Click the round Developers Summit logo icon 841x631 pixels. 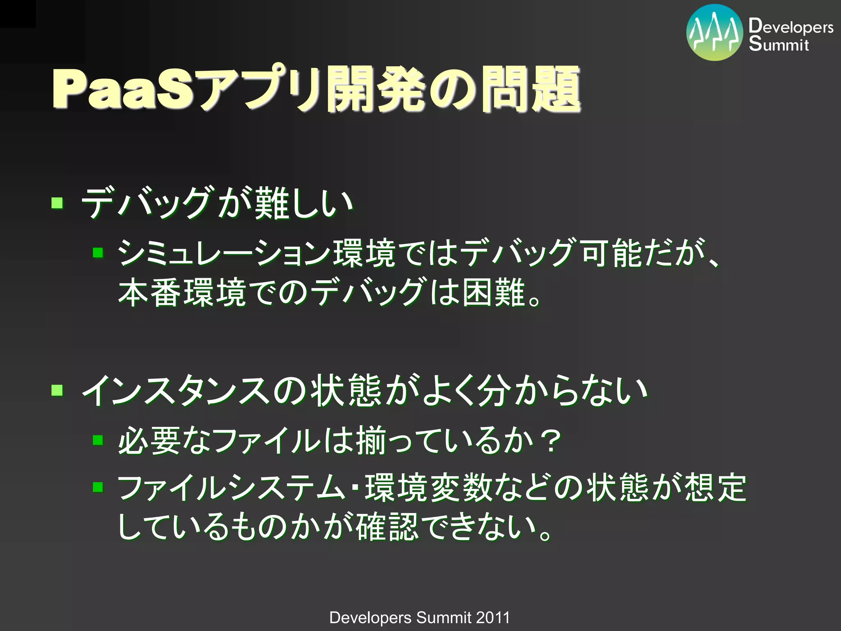pyautogui.click(x=715, y=32)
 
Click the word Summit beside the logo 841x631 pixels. pyautogui.click(x=779, y=44)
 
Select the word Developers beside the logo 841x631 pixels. pyautogui.click(x=790, y=26)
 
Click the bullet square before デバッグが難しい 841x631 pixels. pyautogui.click(x=57, y=203)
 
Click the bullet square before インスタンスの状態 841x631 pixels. pyautogui.click(x=57, y=390)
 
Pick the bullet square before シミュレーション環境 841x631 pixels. pyautogui.click(x=98, y=252)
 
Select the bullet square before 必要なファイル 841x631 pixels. pyautogui.click(x=98, y=440)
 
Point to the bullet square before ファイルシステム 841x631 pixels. pyautogui.click(x=98, y=487)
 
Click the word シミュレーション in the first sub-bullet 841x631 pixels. pyautogui.click(x=224, y=253)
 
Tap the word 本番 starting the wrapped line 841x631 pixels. pyautogui.click(x=150, y=292)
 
